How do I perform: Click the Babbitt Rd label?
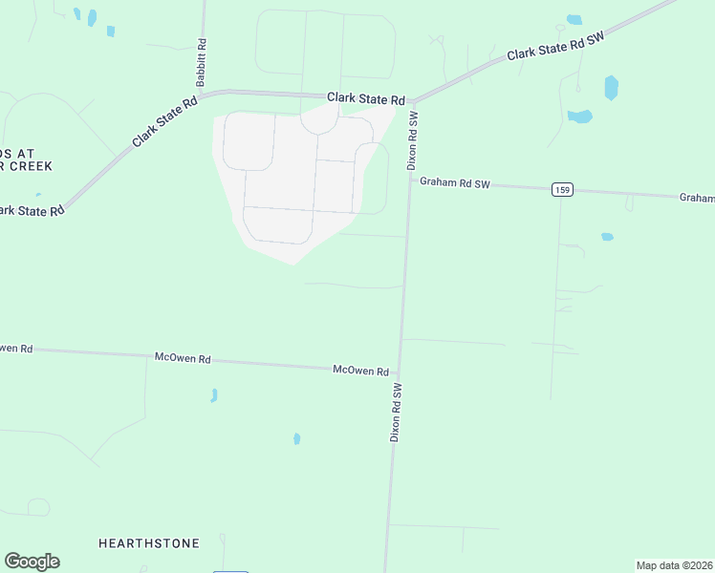coord(202,63)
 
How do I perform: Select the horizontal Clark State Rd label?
coord(366,98)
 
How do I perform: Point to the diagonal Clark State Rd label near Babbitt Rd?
coord(164,120)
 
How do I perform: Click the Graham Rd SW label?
coord(455,183)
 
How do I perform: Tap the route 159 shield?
coord(562,190)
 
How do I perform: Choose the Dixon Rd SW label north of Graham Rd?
coord(413,140)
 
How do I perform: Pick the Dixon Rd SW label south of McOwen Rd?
coord(396,412)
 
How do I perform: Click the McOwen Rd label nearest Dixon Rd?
coord(360,370)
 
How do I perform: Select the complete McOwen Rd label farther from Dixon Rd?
coord(183,357)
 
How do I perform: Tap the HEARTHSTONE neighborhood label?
coord(149,543)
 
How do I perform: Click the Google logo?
coord(32,562)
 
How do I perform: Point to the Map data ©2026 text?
coord(674,565)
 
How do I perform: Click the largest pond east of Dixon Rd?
coord(611,88)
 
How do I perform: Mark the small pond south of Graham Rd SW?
coord(607,237)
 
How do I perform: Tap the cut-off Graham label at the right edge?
coord(698,198)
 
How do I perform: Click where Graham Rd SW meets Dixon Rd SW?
coord(410,180)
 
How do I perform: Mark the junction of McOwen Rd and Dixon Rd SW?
coord(399,372)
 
